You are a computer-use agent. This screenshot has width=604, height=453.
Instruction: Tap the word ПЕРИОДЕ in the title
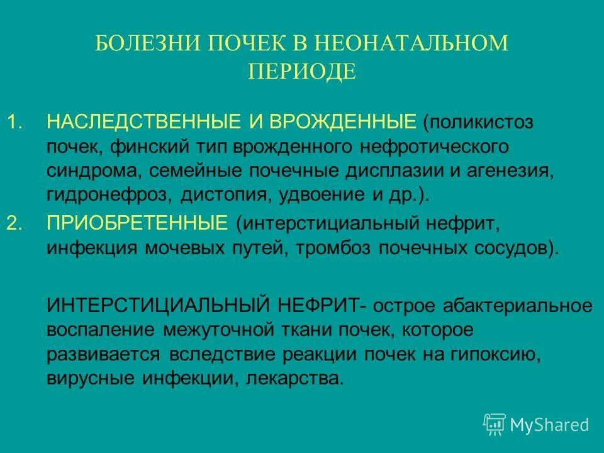pos(302,71)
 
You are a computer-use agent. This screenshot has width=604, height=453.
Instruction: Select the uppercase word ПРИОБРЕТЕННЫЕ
pos(137,223)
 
